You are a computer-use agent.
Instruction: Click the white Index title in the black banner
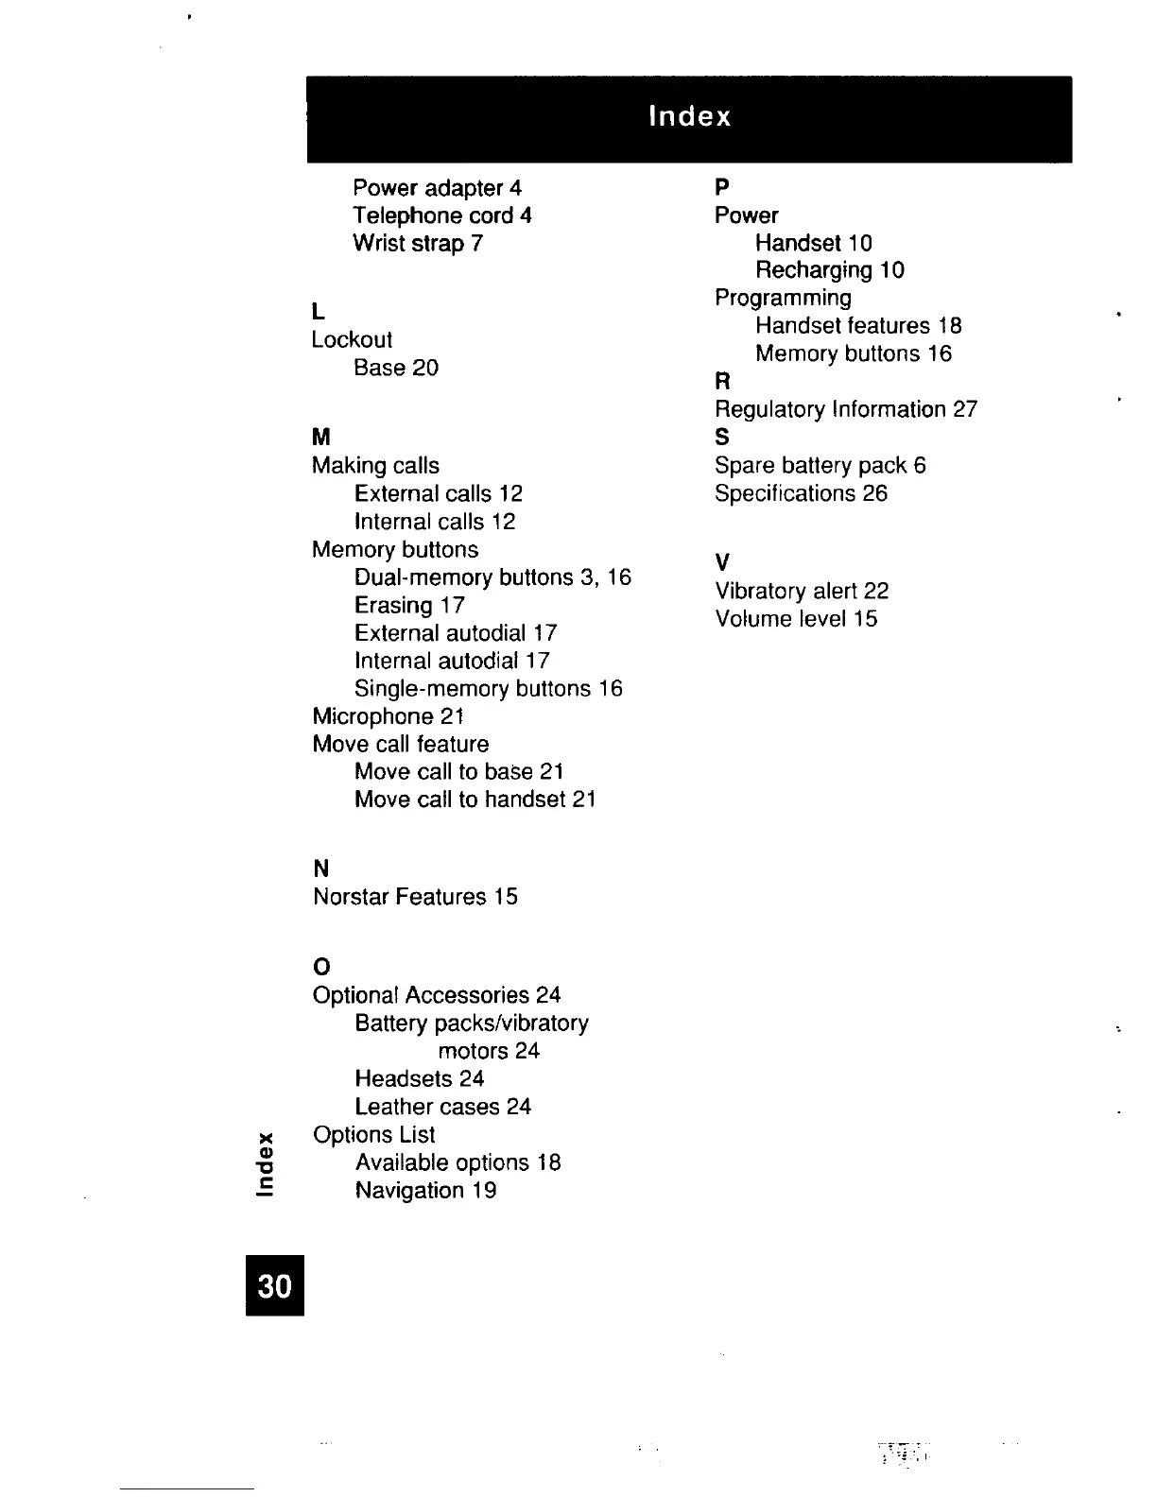pyautogui.click(x=690, y=116)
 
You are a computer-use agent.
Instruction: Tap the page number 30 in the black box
pyautogui.click(x=275, y=1285)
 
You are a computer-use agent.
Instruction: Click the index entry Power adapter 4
pyautogui.click(x=437, y=188)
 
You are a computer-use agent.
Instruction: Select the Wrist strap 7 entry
pyautogui.click(x=418, y=243)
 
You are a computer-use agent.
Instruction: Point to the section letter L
pyautogui.click(x=319, y=311)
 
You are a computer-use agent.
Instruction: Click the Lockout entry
pyautogui.click(x=352, y=339)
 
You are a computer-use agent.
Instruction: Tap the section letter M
pyautogui.click(x=321, y=437)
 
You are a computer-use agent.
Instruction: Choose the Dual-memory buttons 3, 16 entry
pyautogui.click(x=492, y=577)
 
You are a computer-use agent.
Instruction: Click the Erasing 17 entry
pyautogui.click(x=409, y=605)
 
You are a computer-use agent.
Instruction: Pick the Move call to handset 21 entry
pyautogui.click(x=475, y=800)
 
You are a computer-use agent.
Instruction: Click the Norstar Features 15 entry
pyautogui.click(x=415, y=896)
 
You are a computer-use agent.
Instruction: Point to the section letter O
pyautogui.click(x=321, y=967)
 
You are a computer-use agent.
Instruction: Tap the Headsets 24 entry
pyautogui.click(x=419, y=1078)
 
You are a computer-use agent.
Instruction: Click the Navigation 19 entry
pyautogui.click(x=425, y=1190)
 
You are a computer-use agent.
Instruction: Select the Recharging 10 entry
pyautogui.click(x=829, y=270)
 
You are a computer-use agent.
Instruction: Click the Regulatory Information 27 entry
pyautogui.click(x=845, y=409)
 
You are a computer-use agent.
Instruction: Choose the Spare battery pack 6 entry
pyautogui.click(x=820, y=465)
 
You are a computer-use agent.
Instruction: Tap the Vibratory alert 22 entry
pyautogui.click(x=802, y=591)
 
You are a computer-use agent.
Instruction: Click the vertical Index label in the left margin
pyautogui.click(x=267, y=1161)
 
